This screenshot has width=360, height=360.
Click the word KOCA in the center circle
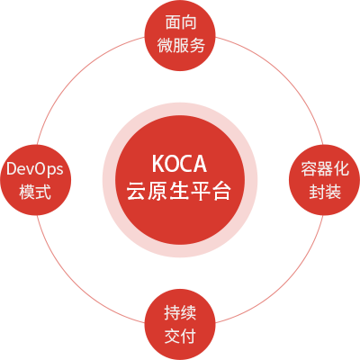click(x=179, y=164)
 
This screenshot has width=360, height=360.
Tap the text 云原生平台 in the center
click(x=179, y=191)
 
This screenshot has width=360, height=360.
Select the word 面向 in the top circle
click(x=181, y=22)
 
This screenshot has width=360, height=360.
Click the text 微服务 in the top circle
click(x=181, y=46)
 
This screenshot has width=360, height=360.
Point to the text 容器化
click(x=325, y=168)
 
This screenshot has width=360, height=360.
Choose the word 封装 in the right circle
click(x=325, y=192)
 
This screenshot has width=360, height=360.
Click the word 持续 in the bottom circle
click(x=180, y=312)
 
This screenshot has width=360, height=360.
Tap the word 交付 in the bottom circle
click(x=180, y=336)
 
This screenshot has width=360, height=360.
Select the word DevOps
click(x=35, y=169)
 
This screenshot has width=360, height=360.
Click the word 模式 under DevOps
click(x=35, y=192)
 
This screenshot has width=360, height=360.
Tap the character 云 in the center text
click(x=136, y=191)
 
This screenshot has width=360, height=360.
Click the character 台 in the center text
click(x=222, y=191)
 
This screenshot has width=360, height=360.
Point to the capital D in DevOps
click(x=12, y=168)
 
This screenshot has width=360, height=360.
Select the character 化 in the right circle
click(x=341, y=168)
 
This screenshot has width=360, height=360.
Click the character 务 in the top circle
click(x=197, y=46)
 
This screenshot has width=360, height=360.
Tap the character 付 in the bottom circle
click(x=188, y=336)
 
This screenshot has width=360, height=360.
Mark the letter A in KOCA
click(x=201, y=164)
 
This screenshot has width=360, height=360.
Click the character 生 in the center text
click(x=179, y=191)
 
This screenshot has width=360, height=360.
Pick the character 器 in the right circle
click(x=325, y=168)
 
